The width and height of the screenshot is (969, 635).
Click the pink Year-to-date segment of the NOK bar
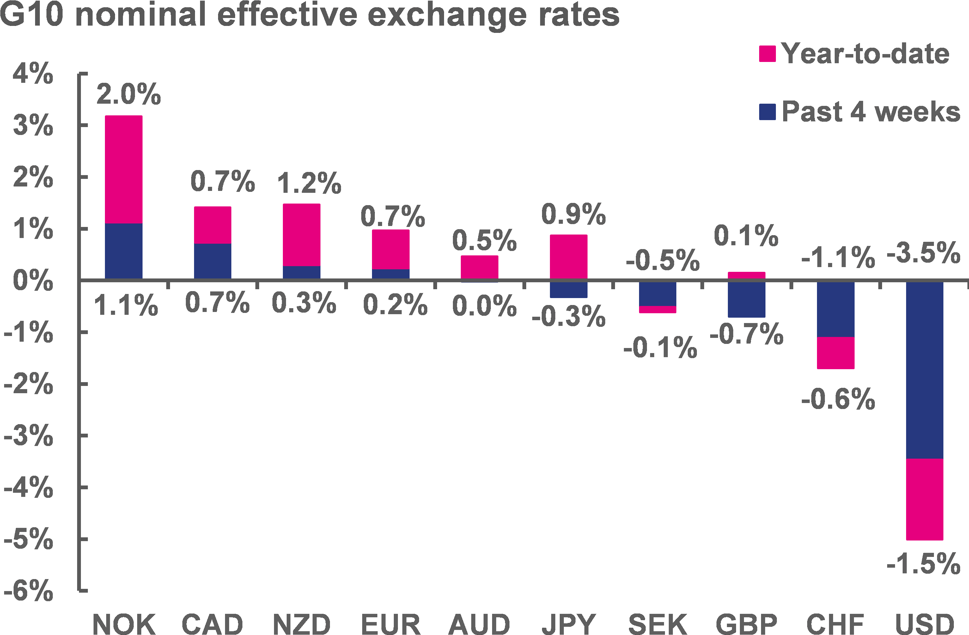pos(124,169)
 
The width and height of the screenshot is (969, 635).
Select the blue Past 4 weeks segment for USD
pos(925,370)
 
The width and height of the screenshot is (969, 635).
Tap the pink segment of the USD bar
pos(925,499)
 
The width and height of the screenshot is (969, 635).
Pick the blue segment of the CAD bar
pos(212,261)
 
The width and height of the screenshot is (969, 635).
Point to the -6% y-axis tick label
pos(28,591)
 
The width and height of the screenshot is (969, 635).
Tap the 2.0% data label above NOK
pos(129,95)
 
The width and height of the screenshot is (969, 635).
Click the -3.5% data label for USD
pos(923,253)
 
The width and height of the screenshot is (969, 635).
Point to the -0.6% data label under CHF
pos(838,399)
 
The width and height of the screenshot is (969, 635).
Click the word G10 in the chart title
pos(32,15)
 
